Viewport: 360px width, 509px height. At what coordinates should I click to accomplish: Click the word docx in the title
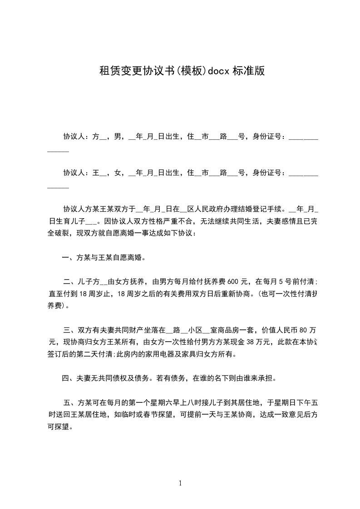(x=219, y=71)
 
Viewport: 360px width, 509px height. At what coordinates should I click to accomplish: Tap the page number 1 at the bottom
(x=180, y=483)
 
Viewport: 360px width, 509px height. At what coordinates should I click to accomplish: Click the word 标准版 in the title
(x=248, y=71)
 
